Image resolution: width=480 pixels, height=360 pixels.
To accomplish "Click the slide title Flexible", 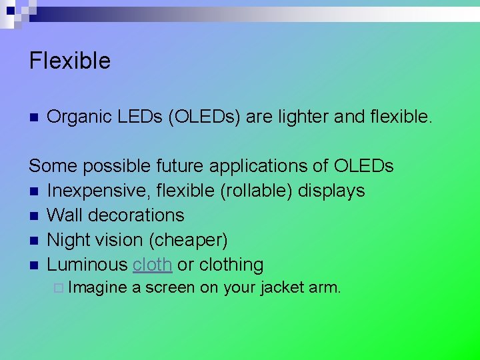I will pos(69,61).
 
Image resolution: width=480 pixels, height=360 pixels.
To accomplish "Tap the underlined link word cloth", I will pos(153,265).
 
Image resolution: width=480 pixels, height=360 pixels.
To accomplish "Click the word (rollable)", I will pos(257,191).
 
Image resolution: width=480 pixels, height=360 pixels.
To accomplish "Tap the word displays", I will pos(331,191).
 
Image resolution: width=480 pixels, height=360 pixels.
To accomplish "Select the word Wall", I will pos(65,215).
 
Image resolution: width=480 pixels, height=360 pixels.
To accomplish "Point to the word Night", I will pos(69,240).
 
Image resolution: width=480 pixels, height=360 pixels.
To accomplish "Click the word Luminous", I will pos(87,265).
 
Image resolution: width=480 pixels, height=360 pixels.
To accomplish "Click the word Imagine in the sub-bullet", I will pos(97,288).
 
